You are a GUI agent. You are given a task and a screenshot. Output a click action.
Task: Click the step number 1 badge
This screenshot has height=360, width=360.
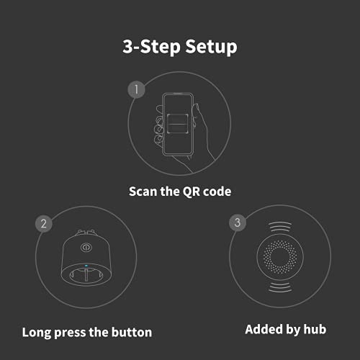(136, 90)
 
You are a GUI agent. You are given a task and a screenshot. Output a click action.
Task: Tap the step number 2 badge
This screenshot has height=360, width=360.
(44, 224)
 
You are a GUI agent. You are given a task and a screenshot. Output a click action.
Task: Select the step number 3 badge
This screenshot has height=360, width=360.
(238, 222)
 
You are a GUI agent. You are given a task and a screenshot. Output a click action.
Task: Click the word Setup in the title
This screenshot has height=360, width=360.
(211, 47)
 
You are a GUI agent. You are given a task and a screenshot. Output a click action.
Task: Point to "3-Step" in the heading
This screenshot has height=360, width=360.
(151, 47)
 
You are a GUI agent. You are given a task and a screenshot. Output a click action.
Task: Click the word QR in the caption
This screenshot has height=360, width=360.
(191, 192)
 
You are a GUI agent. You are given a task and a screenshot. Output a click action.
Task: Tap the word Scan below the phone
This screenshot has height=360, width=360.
(143, 192)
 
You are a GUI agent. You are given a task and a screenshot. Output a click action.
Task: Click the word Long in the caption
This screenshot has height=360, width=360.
(37, 333)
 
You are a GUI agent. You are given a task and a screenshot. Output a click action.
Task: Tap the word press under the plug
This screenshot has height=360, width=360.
(70, 333)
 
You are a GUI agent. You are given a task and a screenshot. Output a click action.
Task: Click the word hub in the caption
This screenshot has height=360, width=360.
(315, 329)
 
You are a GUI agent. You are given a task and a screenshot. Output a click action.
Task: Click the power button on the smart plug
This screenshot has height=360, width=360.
(86, 248)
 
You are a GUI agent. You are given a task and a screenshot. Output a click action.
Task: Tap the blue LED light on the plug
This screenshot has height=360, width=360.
(86, 266)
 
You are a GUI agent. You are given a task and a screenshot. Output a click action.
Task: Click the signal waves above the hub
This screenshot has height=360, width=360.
(280, 227)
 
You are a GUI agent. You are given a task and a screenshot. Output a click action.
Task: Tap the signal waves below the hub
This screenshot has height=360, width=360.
(280, 287)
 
